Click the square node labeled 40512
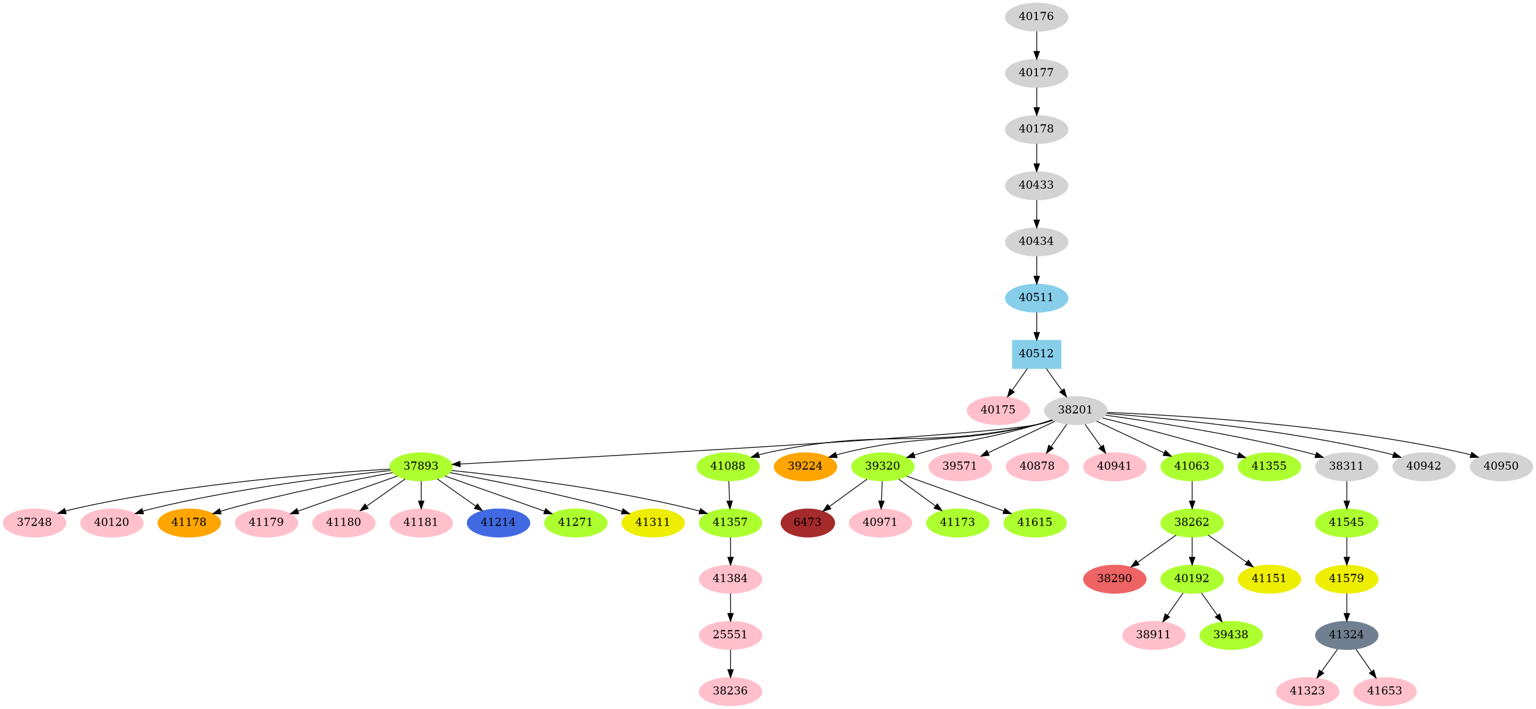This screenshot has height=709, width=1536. click(x=1036, y=354)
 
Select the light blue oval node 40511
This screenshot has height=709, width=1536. click(x=1036, y=298)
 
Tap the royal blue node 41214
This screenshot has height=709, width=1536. click(x=498, y=523)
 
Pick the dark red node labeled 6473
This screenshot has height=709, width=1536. click(x=807, y=523)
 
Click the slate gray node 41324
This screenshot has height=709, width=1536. click(x=1346, y=635)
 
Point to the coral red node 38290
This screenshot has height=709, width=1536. click(x=1114, y=579)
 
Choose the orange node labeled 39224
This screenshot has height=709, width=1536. click(x=805, y=467)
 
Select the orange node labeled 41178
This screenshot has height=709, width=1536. click(x=189, y=523)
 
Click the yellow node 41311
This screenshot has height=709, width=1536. click(x=653, y=523)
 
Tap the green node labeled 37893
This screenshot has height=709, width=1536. click(x=421, y=467)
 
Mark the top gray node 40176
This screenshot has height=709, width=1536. click(x=1036, y=16)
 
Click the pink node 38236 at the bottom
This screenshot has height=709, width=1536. click(x=730, y=691)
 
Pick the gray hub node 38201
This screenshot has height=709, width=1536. click(x=1075, y=410)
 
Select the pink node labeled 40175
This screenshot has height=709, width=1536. click(x=998, y=410)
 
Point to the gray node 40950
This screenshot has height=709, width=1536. click(x=1501, y=467)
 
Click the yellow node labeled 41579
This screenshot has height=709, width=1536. click(x=1346, y=579)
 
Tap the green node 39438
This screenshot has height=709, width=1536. click(x=1231, y=635)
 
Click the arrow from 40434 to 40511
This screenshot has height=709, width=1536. click(x=1036, y=270)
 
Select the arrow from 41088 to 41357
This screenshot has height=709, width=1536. click(x=729, y=495)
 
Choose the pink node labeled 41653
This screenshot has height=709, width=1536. click(x=1384, y=691)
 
